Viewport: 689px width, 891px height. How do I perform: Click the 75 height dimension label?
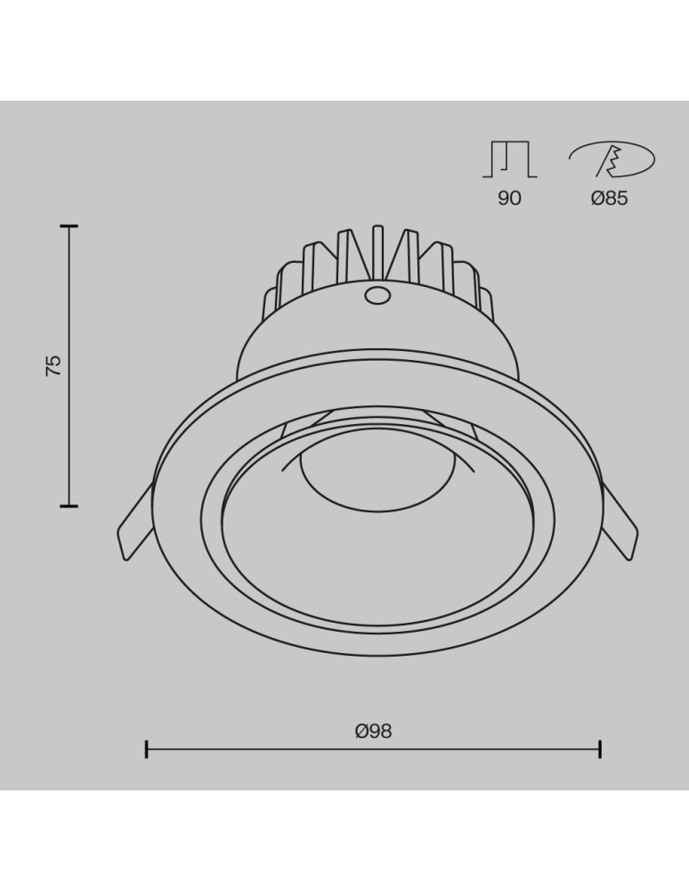coord(53,366)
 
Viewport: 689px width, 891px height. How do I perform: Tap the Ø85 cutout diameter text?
coord(609,198)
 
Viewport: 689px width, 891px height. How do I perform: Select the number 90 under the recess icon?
coord(509,198)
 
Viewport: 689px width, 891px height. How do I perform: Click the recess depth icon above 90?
coord(509,159)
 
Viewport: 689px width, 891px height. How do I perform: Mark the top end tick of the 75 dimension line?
coord(69,227)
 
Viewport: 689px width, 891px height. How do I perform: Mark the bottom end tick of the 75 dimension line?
coord(69,506)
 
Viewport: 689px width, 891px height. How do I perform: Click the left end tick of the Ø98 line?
coord(147,748)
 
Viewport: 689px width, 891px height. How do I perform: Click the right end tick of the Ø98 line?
coord(600,748)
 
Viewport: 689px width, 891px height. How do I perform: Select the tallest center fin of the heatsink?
coord(377,254)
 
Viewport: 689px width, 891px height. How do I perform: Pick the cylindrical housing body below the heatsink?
coord(378,343)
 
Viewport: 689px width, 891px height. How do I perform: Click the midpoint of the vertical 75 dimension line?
coord(69,366)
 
